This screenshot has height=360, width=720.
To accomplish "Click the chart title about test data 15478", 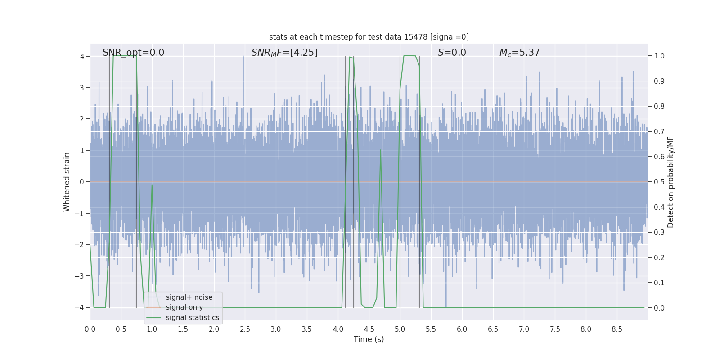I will pos(369,37).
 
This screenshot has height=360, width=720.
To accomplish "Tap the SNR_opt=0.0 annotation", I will pos(133,53).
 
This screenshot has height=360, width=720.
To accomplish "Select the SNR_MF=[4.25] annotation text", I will pos(284,53).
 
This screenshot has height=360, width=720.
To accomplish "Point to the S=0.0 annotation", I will pos(452,53).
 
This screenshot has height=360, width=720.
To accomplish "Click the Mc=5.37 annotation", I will pos(519,53).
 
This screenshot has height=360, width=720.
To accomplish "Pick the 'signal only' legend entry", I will pos(184,307).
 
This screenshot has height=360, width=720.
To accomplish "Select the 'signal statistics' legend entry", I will pos(192,318).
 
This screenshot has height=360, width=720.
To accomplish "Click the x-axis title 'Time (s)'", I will pos(369,339).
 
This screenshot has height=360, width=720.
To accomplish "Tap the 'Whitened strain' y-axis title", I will pos(67,182).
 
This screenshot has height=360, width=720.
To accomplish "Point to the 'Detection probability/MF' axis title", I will pos(670,182).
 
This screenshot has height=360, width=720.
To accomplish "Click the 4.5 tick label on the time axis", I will pos(369,329).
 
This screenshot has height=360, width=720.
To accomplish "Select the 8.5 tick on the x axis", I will pos(617,329).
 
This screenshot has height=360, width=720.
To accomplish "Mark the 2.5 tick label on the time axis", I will pos(245,329).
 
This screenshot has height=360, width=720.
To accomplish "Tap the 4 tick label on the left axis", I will pos(82,56).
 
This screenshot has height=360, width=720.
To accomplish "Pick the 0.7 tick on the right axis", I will pos(659,131).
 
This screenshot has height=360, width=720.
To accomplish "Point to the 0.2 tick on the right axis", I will pos(659,257).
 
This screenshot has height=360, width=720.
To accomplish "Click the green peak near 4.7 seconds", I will pos(381,150).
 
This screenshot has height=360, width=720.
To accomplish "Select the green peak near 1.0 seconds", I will pos(152,185).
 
